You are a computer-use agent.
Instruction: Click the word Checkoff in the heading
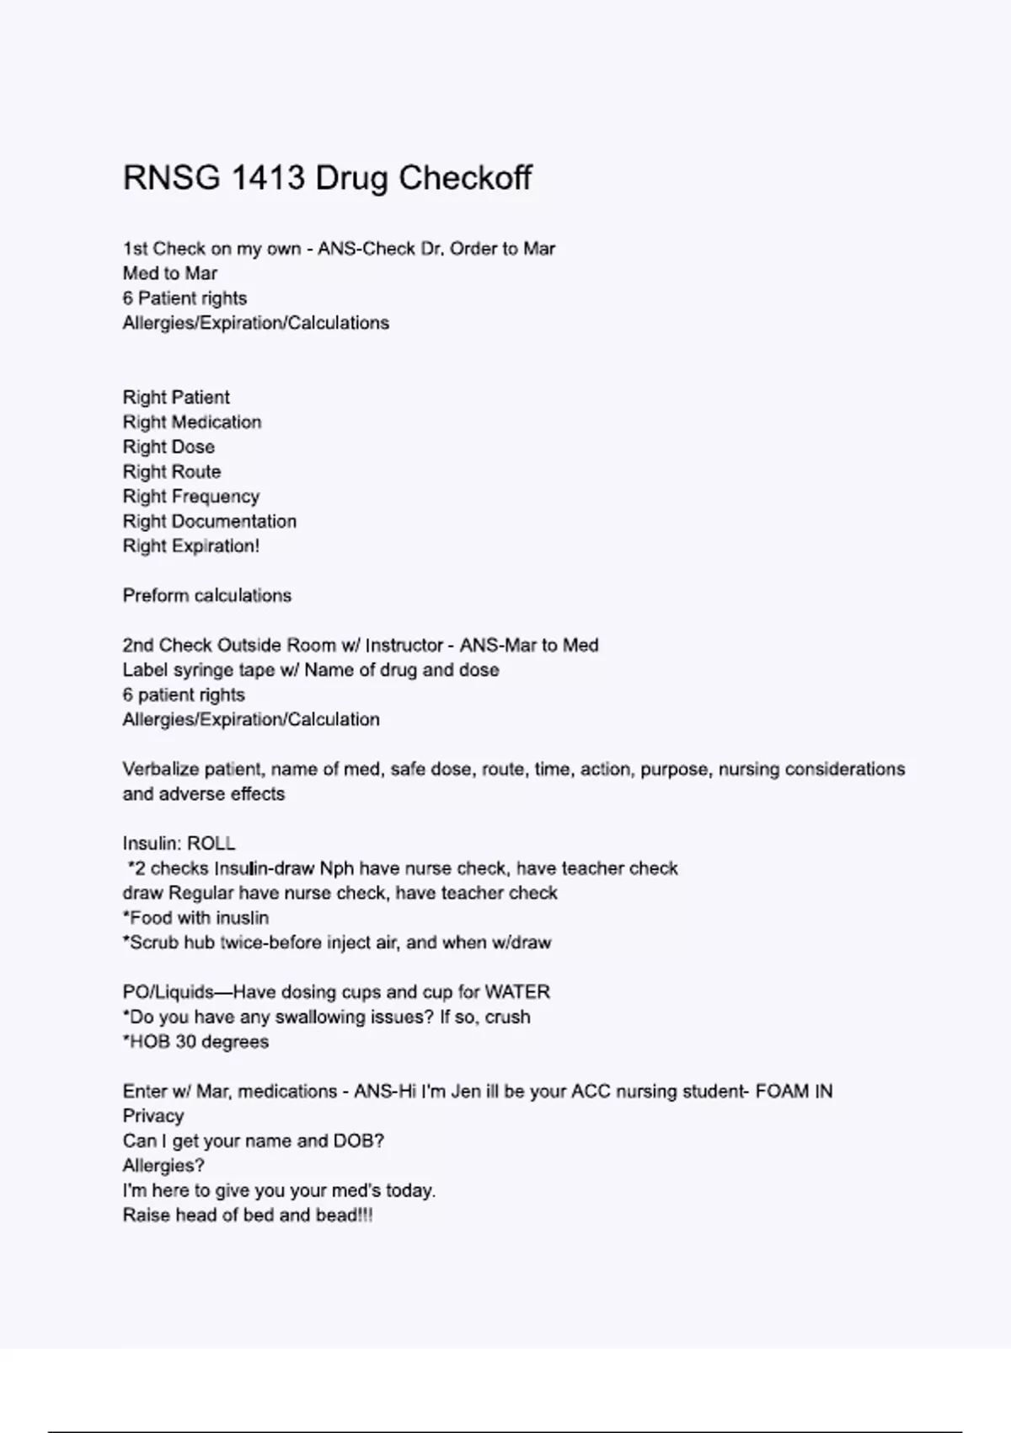tap(464, 178)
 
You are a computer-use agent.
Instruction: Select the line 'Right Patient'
tap(176, 397)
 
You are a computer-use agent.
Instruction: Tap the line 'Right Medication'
tap(192, 421)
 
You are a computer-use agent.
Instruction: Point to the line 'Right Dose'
tap(168, 447)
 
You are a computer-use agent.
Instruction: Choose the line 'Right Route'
tap(172, 471)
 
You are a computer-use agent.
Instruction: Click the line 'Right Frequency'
tap(191, 496)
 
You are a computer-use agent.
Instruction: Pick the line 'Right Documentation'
tap(210, 521)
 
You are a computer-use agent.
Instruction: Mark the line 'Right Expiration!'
tap(191, 546)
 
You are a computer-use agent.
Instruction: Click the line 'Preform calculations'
tap(207, 595)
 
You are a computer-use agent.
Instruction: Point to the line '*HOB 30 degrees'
tap(195, 1042)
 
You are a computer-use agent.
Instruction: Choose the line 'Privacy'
tap(153, 1116)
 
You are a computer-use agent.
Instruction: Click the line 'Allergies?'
tap(163, 1166)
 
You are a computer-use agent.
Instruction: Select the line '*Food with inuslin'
tap(195, 918)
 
